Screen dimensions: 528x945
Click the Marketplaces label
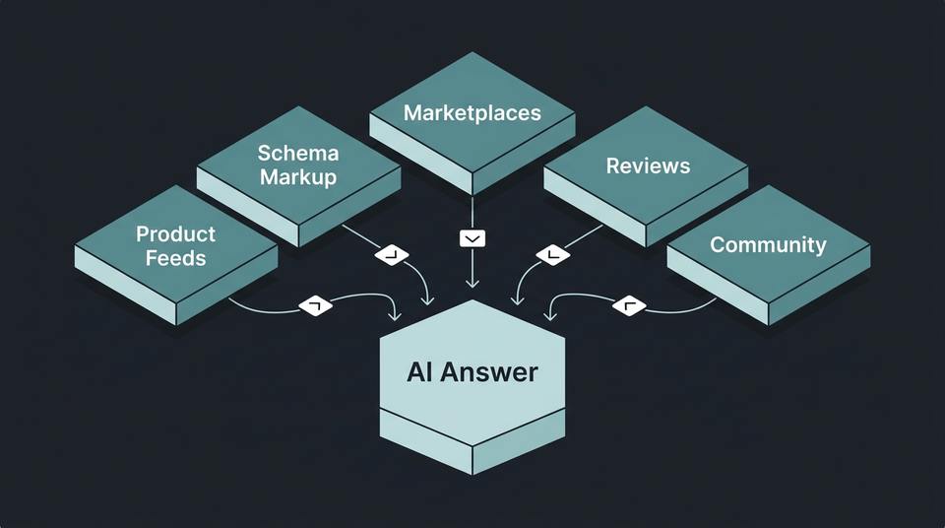(472, 112)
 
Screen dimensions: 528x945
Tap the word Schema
(298, 153)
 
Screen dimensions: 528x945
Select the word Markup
(298, 177)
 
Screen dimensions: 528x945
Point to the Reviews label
(648, 165)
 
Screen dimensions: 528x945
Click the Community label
(768, 245)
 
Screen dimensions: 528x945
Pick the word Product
(175, 234)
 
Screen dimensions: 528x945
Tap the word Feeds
(175, 259)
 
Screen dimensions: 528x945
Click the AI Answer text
(472, 372)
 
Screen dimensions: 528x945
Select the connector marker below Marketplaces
(472, 238)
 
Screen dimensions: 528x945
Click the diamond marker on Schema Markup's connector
(392, 255)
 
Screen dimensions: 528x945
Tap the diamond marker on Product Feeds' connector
(315, 306)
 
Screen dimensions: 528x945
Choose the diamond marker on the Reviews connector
(552, 255)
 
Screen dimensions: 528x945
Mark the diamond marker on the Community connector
(630, 306)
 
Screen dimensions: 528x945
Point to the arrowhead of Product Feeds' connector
(396, 314)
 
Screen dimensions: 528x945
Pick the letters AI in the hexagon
(420, 372)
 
